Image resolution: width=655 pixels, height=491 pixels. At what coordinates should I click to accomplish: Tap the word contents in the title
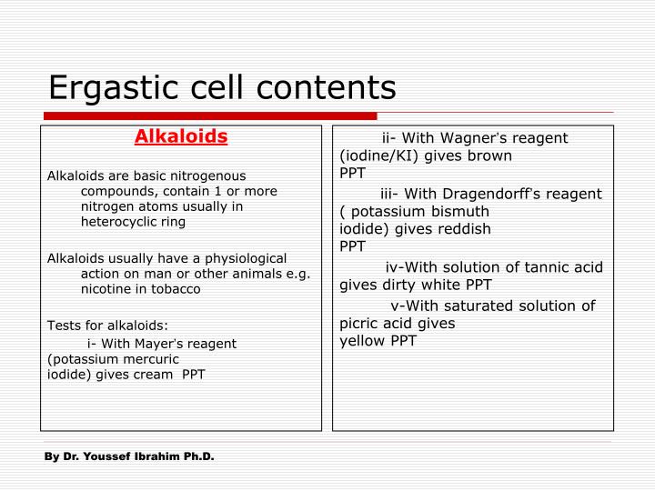point(326,87)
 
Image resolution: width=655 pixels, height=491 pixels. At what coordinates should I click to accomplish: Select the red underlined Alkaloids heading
point(181,136)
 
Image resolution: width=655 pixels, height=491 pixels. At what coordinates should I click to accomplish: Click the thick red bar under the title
point(210,115)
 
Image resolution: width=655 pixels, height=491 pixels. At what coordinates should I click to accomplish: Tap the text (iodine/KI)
point(378,156)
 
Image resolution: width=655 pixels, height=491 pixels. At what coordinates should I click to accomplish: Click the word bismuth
point(460,211)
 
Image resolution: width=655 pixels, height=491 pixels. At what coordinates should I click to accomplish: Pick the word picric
point(358,324)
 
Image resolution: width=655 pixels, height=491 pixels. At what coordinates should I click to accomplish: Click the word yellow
point(362,341)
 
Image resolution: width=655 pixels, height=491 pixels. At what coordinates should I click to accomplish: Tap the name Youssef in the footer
point(107,456)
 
